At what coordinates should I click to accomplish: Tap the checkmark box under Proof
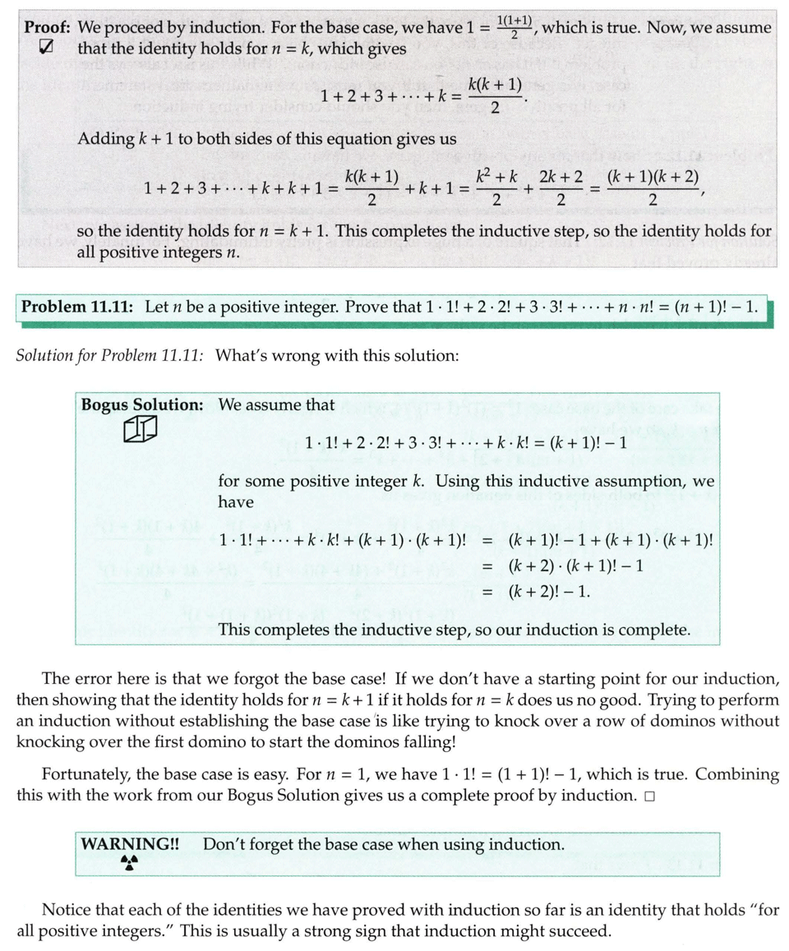click(x=47, y=48)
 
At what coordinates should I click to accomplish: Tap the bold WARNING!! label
click(x=131, y=844)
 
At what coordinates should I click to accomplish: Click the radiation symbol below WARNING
click(x=129, y=862)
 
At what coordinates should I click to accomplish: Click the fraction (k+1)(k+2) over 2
click(x=653, y=188)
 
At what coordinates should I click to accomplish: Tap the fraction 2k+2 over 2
click(x=561, y=188)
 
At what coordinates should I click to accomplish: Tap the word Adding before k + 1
click(x=102, y=140)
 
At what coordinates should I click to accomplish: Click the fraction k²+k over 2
click(x=495, y=188)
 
